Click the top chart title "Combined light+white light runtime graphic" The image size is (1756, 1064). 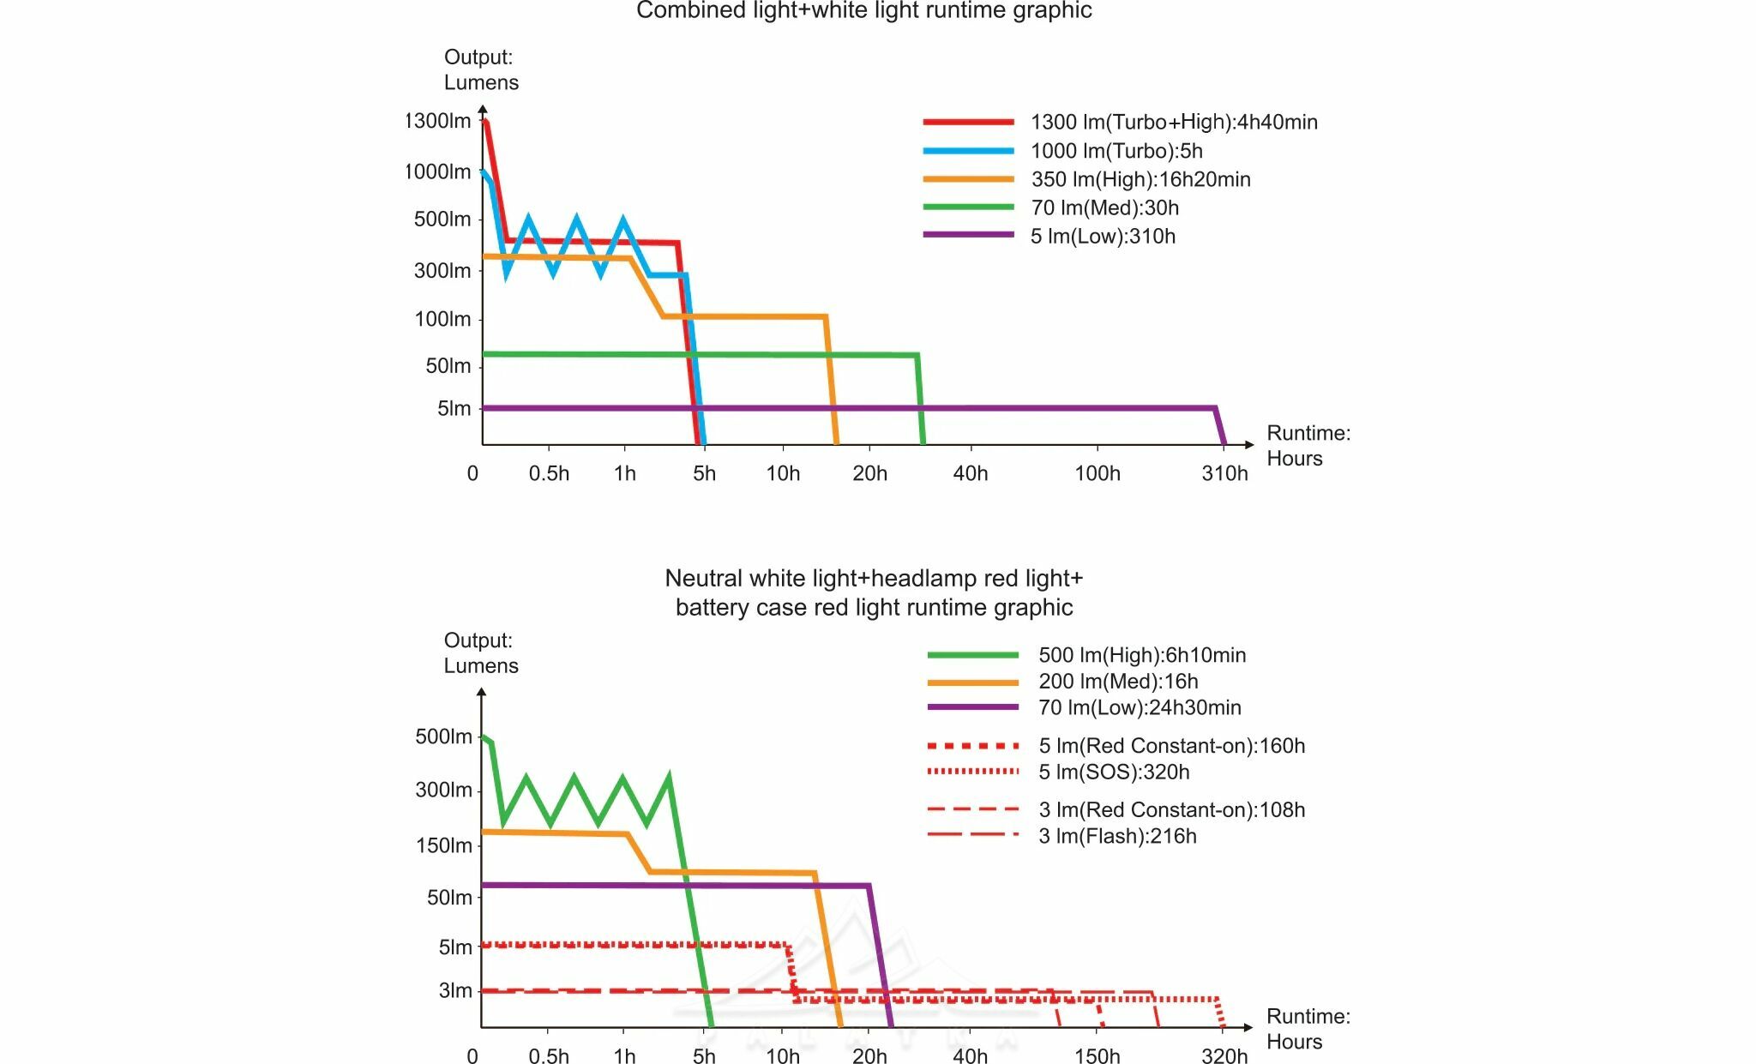pyautogui.click(x=863, y=11)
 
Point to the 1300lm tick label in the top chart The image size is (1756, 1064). pyautogui.click(x=438, y=121)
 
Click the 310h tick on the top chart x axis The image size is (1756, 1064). pyautogui.click(x=1224, y=473)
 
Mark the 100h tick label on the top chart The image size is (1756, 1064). pyautogui.click(x=1097, y=473)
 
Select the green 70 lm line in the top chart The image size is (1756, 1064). pyautogui.click(x=772, y=355)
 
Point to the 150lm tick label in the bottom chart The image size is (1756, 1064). pyautogui.click(x=443, y=845)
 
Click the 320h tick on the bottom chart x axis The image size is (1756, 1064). pyautogui.click(x=1224, y=1055)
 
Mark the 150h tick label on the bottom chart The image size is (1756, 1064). pyautogui.click(x=1097, y=1055)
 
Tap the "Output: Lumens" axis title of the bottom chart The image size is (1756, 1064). pyautogui.click(x=480, y=653)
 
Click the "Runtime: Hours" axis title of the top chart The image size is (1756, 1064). pyautogui.click(x=1308, y=446)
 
